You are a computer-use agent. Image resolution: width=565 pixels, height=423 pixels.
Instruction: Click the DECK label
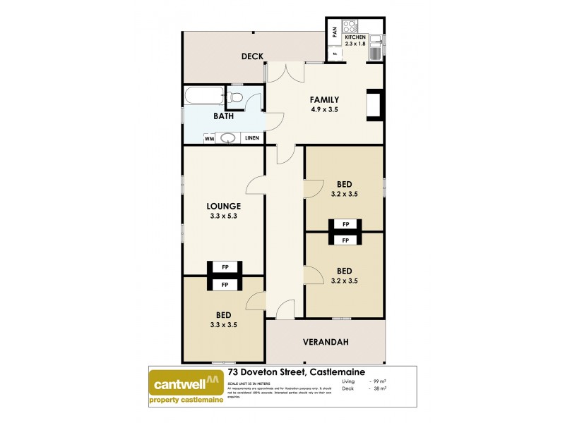[252, 56]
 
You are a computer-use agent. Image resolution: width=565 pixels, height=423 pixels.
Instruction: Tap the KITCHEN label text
[355, 37]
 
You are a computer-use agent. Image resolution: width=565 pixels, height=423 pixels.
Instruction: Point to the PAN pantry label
[334, 32]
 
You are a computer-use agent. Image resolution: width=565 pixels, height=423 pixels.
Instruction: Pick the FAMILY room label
[325, 99]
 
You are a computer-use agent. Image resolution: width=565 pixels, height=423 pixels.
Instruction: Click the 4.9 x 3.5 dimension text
[325, 109]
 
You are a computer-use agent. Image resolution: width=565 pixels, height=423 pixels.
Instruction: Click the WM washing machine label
[210, 139]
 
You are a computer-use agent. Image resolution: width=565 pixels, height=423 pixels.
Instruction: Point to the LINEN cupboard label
[252, 139]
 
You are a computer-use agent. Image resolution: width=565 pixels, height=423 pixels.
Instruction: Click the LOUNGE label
[223, 207]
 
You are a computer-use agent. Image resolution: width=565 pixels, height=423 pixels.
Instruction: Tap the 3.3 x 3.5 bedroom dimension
[223, 325]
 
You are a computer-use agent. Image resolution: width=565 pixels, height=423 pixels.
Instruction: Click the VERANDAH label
[326, 342]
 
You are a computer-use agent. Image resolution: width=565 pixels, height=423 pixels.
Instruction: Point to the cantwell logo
[186, 385]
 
